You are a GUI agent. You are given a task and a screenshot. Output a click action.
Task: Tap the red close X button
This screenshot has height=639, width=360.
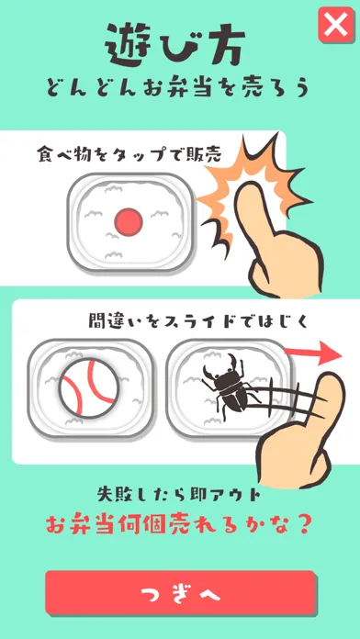(x=336, y=25)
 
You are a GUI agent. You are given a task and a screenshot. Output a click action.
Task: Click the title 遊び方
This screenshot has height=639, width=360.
(x=175, y=44)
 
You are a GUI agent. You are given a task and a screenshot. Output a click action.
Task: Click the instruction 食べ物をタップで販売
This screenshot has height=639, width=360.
(x=129, y=156)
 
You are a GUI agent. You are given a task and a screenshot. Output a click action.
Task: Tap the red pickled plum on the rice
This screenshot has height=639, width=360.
(x=129, y=222)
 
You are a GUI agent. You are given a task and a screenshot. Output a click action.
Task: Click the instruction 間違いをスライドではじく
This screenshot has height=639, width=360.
(x=197, y=321)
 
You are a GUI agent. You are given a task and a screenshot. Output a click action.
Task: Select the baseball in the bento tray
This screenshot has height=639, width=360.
(x=89, y=388)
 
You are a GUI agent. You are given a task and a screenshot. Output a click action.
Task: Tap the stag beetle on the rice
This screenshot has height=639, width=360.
(x=230, y=384)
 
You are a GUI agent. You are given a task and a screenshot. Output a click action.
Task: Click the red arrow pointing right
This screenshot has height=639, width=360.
(x=312, y=353)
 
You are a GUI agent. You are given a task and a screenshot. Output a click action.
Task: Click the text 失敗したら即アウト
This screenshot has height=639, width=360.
(x=179, y=494)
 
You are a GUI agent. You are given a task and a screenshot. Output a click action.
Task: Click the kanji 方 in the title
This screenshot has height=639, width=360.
(x=224, y=46)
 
